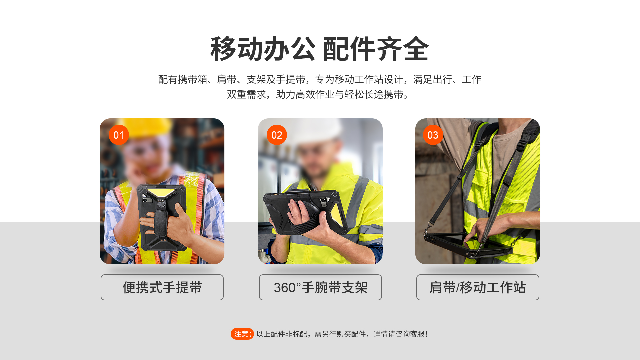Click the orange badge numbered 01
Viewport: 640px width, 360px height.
pos(119,135)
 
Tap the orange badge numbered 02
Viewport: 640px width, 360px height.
pos(277,135)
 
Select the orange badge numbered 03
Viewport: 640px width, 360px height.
pos(433,135)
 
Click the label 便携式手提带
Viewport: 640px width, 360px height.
pos(162,287)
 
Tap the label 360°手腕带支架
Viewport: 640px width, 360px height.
pos(320,287)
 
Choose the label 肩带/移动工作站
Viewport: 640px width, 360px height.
pos(478,287)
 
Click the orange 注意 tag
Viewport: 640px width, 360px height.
pos(242,334)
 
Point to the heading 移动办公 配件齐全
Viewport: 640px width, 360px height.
pos(319,49)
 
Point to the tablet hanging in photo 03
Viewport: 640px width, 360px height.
pos(468,245)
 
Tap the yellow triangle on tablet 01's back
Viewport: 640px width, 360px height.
pos(161,193)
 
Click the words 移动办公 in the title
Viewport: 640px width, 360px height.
pos(263,49)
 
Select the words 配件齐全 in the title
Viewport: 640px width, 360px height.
pos(376,49)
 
